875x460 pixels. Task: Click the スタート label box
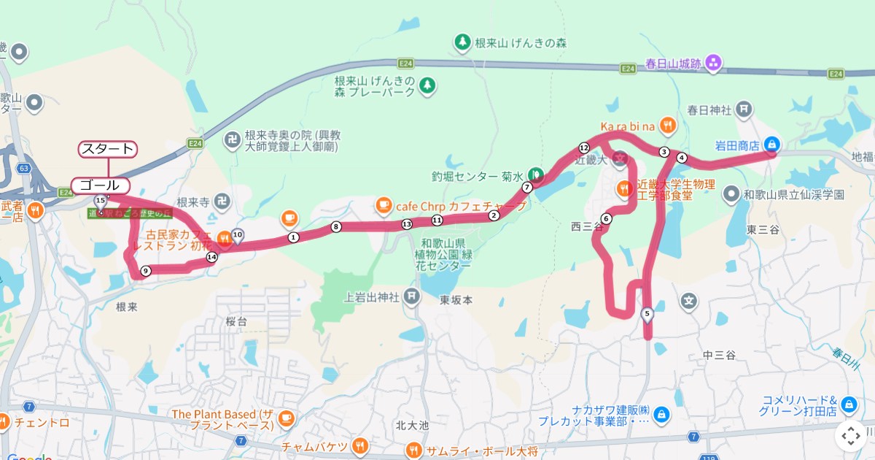pyautogui.click(x=107, y=149)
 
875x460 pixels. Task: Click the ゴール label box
pyautogui.click(x=100, y=185)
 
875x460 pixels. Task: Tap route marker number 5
pyautogui.click(x=647, y=314)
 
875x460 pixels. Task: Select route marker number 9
pyautogui.click(x=146, y=271)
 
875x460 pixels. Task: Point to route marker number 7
pyautogui.click(x=526, y=187)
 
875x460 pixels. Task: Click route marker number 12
pyautogui.click(x=583, y=147)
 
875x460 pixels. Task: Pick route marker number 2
pyautogui.click(x=494, y=215)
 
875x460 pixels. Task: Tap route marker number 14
pyautogui.click(x=211, y=257)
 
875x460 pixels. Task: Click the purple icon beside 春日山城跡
pyautogui.click(x=713, y=64)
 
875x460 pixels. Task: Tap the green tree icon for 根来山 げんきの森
pyautogui.click(x=462, y=43)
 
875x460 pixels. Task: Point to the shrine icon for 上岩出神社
pyautogui.click(x=412, y=296)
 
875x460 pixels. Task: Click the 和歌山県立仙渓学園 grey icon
pyautogui.click(x=731, y=195)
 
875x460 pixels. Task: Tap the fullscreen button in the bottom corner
pyautogui.click(x=851, y=436)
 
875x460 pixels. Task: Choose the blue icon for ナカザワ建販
pyautogui.click(x=661, y=415)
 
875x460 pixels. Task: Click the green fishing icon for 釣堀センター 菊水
pyautogui.click(x=536, y=175)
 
